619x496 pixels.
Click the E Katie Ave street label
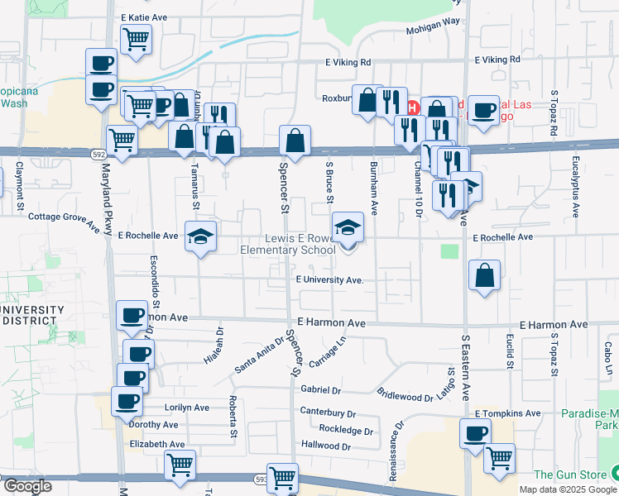coord(144,17)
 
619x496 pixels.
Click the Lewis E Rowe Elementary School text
coord(288,244)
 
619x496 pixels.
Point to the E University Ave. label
coord(329,280)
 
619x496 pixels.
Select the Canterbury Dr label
coord(328,413)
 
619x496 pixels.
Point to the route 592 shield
coord(98,153)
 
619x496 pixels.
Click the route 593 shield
coord(261,478)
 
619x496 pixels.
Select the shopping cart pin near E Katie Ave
coord(135,38)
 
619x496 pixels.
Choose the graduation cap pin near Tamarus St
coord(200,236)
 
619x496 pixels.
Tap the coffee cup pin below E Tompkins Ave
coord(475,432)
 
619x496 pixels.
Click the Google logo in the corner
coord(27,486)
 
